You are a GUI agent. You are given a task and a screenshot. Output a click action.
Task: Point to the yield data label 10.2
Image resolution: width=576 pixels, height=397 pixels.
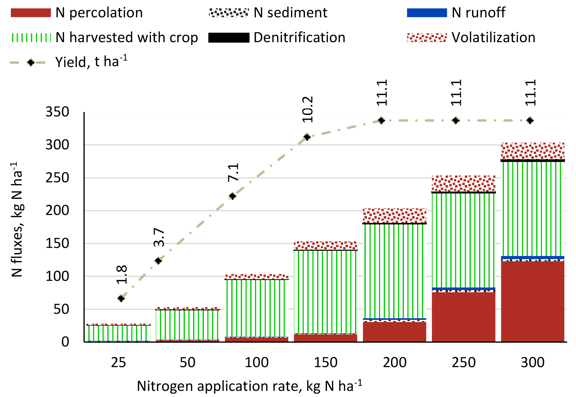click(308, 109)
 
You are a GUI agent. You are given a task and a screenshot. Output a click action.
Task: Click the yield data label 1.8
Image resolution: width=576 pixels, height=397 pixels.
click(122, 274)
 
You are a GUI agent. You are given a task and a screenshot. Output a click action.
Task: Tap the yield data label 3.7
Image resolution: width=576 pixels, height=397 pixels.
click(159, 237)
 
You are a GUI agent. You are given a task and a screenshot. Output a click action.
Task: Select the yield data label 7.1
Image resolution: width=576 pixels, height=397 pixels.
click(233, 172)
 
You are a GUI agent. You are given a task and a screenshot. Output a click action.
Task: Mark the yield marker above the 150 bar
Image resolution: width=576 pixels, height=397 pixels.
click(307, 137)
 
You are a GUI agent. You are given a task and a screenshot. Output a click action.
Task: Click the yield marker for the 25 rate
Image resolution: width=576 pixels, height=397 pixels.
click(121, 298)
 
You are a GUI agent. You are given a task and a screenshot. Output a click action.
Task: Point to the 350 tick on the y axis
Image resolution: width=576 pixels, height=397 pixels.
click(57, 112)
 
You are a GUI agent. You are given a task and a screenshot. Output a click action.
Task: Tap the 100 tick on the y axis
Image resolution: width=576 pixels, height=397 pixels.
click(57, 276)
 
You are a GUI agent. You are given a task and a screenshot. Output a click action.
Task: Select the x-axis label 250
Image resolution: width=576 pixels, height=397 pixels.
click(463, 363)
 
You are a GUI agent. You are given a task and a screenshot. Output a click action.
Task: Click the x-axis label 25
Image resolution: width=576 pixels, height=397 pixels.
click(118, 363)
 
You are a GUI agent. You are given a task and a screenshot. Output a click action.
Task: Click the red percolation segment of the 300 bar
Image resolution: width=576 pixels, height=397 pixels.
click(532, 302)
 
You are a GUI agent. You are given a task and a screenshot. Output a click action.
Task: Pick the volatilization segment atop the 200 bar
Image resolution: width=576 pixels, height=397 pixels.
click(394, 216)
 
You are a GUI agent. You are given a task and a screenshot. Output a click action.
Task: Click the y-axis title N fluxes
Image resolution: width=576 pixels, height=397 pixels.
click(17, 219)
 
